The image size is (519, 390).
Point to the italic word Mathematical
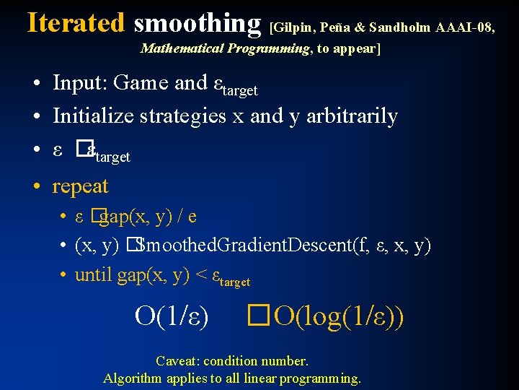tap(182, 49)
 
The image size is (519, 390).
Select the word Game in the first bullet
tap(141, 83)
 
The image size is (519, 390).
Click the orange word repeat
tap(80, 186)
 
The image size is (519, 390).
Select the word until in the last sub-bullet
tap(93, 275)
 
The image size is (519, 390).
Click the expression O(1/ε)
tap(172, 316)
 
